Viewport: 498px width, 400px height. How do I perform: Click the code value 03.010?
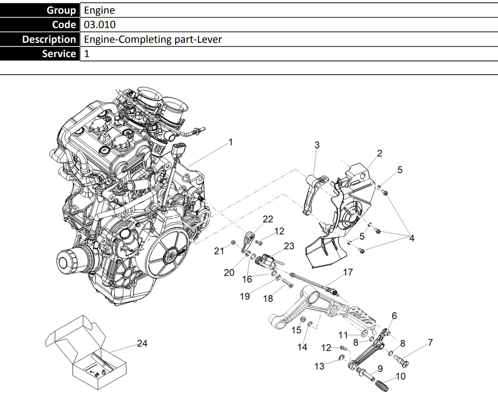(x=100, y=25)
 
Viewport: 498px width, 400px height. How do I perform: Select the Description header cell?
(x=49, y=39)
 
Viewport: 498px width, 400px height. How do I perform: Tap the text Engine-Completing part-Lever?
(x=153, y=39)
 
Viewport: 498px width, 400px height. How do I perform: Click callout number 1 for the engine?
(x=231, y=142)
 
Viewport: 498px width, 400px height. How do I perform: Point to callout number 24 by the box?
(x=142, y=343)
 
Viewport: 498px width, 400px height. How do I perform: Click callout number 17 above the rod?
(x=348, y=272)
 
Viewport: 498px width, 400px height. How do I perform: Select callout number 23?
(x=289, y=246)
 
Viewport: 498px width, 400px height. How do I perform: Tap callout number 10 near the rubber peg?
(x=400, y=376)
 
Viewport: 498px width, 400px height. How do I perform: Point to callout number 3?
(x=317, y=145)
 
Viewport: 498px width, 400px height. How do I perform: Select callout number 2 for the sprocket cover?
(x=379, y=153)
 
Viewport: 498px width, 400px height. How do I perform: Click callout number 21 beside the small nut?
(x=219, y=251)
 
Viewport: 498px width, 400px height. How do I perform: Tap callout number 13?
(x=319, y=366)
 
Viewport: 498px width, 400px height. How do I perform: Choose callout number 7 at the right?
(x=430, y=342)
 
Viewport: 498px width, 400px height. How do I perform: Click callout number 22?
(x=268, y=219)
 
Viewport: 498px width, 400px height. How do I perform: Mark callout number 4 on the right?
(x=411, y=238)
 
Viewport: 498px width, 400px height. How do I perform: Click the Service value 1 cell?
(x=87, y=54)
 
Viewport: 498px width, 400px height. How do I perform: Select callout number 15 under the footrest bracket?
(x=296, y=330)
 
